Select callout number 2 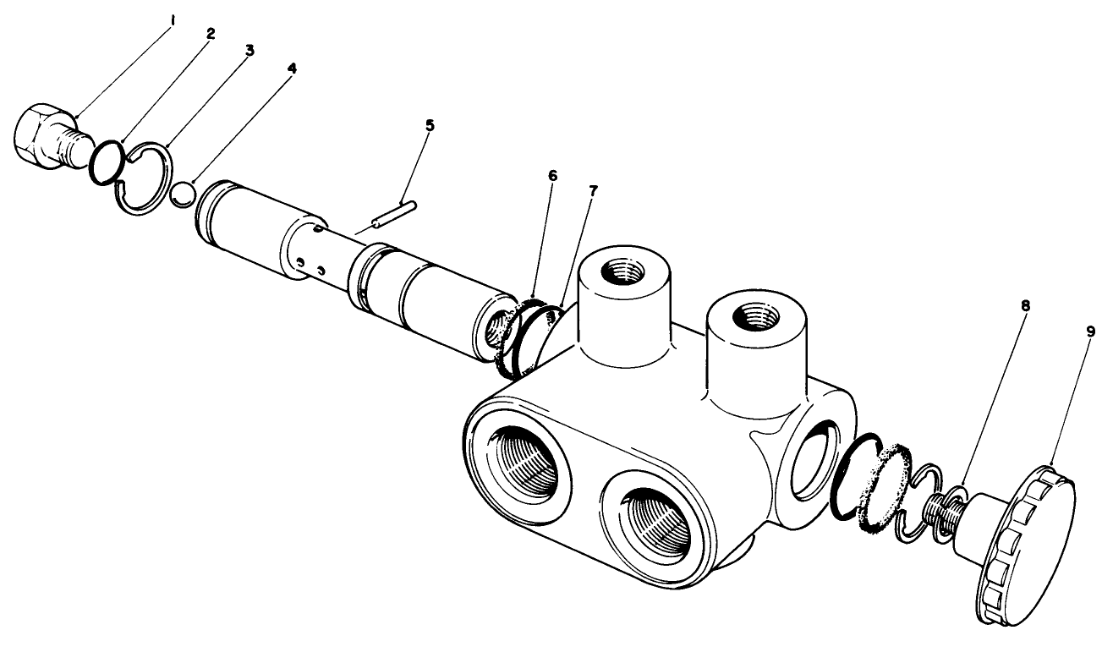pos(211,34)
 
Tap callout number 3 pos(249,51)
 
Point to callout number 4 pos(292,68)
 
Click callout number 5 pos(430,125)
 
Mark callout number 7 pos(593,191)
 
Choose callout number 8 pos(1025,307)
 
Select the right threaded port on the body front pos(660,523)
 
